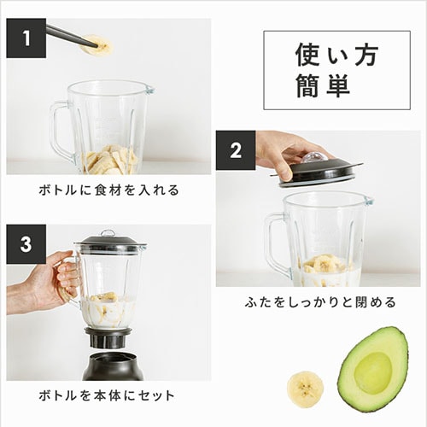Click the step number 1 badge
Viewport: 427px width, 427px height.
coord(26,38)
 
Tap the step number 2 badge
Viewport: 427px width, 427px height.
coord(236,150)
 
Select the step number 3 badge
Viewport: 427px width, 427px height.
coord(26,244)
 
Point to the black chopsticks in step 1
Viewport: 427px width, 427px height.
coord(68,34)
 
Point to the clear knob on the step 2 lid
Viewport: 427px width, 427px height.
coord(313,158)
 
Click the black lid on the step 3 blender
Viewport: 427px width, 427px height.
coord(109,244)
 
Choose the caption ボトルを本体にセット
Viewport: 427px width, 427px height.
coord(108,395)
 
